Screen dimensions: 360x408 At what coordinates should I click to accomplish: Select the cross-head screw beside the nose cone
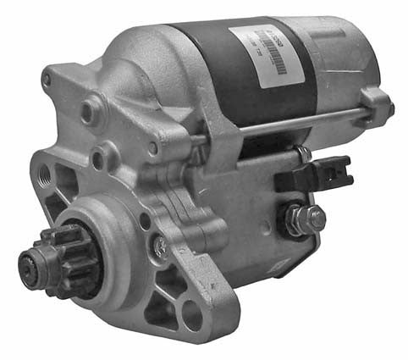coord(159,245)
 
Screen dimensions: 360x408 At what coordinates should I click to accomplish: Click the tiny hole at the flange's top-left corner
coord(47,80)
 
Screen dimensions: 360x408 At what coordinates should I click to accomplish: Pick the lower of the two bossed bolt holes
coord(102,157)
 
